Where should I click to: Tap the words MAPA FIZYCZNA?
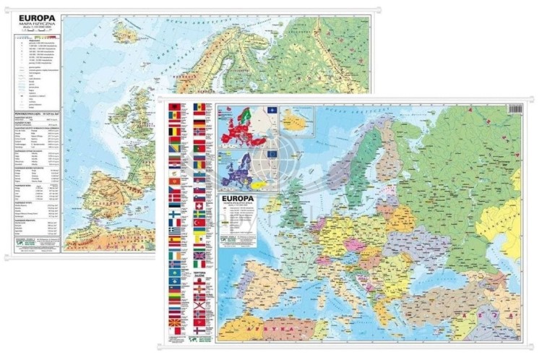click(x=35, y=28)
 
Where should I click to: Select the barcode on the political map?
click(x=515, y=109)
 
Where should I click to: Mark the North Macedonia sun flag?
click(x=173, y=320)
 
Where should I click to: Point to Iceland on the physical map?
click(x=126, y=32)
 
